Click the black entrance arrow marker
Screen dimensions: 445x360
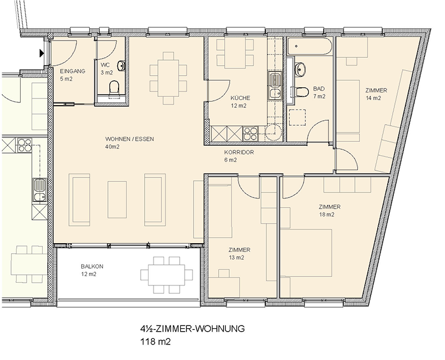pos(42,53)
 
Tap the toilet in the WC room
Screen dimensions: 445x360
pos(114,87)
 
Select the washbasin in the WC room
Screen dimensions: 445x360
pos(121,66)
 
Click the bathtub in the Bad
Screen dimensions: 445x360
pos(309,46)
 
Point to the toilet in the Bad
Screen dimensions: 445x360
pos(301,92)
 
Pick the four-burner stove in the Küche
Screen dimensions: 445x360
pos(250,134)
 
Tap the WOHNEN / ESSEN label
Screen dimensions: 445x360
pos(130,139)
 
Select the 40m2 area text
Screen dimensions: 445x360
pos(112,147)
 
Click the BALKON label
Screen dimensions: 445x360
pos(92,267)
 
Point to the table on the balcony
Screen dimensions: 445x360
pos(166,275)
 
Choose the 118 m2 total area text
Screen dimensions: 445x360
pos(156,342)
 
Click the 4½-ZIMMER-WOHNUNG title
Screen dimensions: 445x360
pos(192,329)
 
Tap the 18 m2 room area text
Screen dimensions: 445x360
pos(327,215)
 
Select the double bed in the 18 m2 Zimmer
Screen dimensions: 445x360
pos(306,253)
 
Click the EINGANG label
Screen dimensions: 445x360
pos(72,71)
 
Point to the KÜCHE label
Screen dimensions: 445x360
pos(240,98)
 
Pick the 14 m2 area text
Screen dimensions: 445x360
pos(373,98)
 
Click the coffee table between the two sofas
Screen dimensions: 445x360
pos(117,200)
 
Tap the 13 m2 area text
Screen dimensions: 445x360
pos(236,258)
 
